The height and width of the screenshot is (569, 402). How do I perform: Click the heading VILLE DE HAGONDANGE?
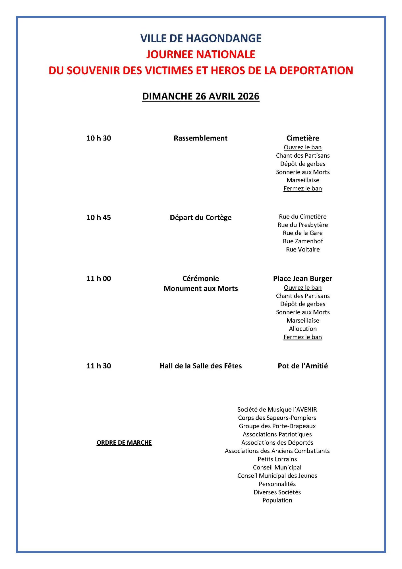[x=201, y=38]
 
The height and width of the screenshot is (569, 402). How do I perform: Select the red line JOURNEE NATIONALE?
[x=201, y=54]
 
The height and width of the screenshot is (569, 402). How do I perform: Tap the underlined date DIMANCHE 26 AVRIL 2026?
[x=201, y=96]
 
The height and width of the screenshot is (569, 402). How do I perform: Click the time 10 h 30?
[x=99, y=138]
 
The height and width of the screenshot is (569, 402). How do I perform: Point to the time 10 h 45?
[x=99, y=218]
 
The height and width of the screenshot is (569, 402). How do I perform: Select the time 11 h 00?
[x=99, y=279]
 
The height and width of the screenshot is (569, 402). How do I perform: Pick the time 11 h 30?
[x=99, y=366]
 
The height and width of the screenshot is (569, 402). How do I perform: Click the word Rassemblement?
[x=200, y=138]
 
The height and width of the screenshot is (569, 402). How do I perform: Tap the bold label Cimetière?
[x=302, y=138]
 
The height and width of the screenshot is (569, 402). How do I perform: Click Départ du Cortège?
[x=200, y=218]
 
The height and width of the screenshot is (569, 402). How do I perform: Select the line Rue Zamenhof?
[x=302, y=241]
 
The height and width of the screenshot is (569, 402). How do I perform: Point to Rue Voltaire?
[x=302, y=250]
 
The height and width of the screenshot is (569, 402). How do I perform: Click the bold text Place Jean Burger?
[x=302, y=279]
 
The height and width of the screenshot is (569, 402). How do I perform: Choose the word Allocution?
[x=302, y=329]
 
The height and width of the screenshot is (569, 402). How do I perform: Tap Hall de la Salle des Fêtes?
[x=200, y=366]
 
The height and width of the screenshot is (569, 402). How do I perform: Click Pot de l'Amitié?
[x=302, y=366]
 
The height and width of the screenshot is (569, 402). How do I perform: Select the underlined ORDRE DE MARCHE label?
[x=124, y=443]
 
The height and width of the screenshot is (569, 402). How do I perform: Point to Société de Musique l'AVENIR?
[x=277, y=410]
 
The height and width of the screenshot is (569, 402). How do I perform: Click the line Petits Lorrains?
[x=277, y=459]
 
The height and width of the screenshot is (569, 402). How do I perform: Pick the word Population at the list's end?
[x=277, y=500]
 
